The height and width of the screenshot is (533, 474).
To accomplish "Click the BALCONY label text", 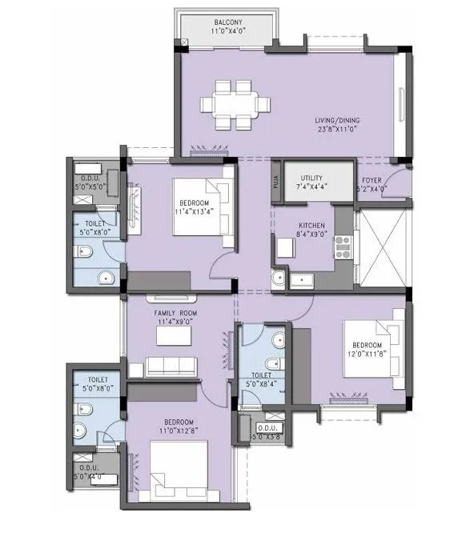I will click(229, 22).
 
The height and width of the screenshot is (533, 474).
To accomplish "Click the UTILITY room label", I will click(311, 178).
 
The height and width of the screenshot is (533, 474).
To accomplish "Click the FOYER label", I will click(372, 181).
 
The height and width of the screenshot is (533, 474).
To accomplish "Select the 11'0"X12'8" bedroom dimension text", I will click(178, 431).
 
